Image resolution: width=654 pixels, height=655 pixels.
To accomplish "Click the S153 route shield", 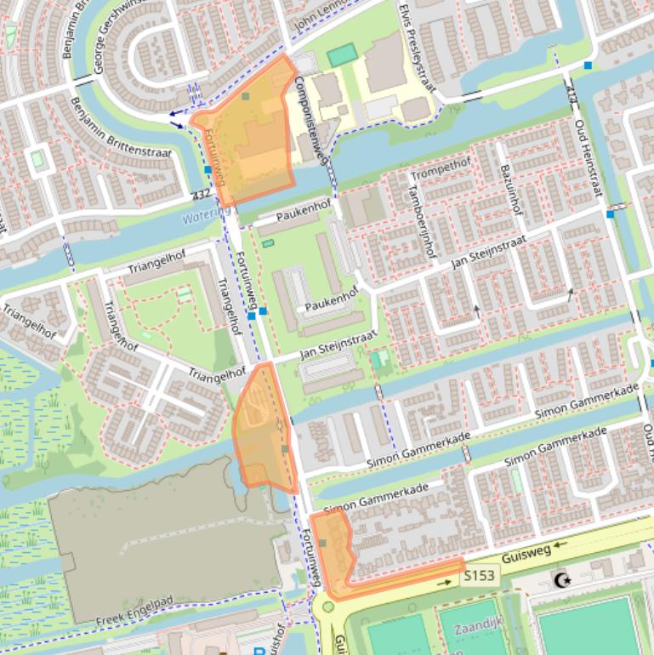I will click(x=479, y=577).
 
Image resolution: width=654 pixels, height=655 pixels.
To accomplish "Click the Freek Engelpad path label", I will click(x=134, y=613).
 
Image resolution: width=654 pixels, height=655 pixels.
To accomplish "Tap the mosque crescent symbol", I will click(x=561, y=580).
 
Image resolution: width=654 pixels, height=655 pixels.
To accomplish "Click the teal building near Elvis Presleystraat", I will click(x=342, y=55).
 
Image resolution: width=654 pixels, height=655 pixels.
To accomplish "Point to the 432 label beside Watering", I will click(x=202, y=195).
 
